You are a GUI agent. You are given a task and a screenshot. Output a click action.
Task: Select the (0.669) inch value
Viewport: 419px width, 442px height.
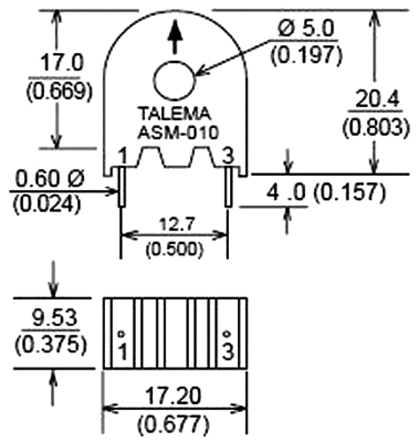54,93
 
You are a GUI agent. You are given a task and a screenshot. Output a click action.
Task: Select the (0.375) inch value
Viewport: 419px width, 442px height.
52,342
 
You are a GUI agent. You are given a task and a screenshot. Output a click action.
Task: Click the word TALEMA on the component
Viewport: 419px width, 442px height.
176,114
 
